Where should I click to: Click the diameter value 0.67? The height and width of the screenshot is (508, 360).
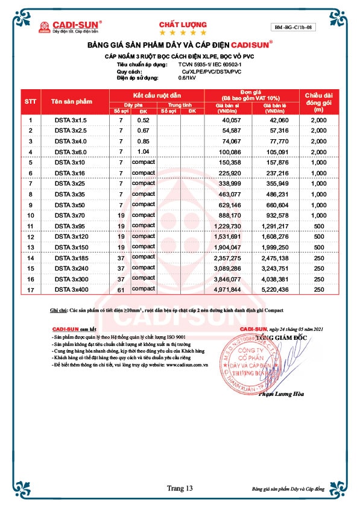pyautogui.click(x=143, y=131)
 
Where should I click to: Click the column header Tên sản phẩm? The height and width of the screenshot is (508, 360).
pyautogui.click(x=70, y=102)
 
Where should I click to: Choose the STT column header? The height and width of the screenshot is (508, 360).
pyautogui.click(x=30, y=102)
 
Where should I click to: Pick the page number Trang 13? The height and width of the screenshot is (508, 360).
pyautogui.click(x=180, y=488)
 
